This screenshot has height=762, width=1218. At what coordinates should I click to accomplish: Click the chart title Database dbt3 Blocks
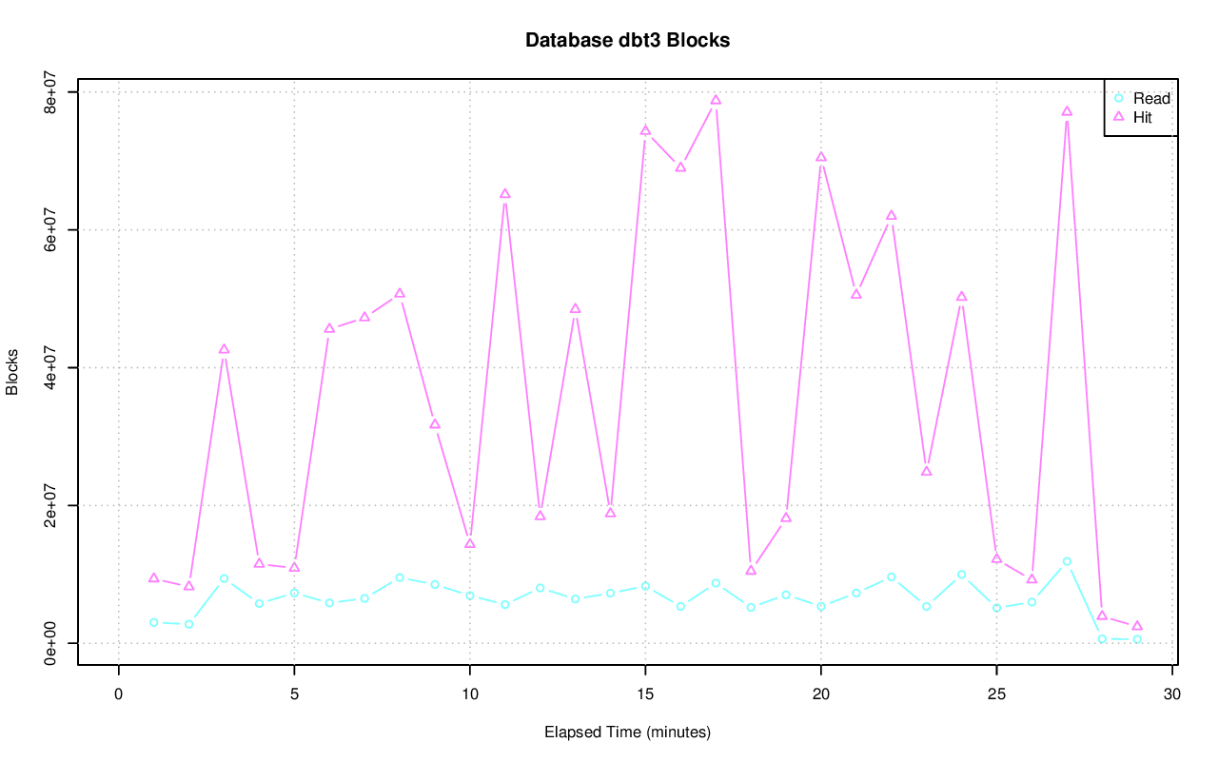627,41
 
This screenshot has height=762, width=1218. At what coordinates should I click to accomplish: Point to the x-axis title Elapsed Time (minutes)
627,733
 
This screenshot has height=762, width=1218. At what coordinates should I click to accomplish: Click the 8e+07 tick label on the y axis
53,92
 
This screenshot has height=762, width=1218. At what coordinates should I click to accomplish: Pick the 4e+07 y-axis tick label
53,367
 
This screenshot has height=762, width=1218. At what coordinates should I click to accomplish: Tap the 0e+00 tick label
53,643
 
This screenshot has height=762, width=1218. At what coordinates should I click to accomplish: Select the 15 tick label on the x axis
645,694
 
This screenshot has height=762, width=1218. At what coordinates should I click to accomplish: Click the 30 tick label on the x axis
1172,694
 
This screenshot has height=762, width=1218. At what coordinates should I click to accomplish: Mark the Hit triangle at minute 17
716,100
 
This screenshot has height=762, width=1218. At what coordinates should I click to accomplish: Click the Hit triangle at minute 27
1067,111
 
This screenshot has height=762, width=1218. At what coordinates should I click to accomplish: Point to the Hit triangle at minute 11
505,194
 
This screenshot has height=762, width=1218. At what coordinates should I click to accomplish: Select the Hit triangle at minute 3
224,349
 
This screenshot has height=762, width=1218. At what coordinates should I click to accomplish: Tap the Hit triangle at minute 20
821,157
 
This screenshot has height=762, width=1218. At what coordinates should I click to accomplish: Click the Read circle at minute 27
1067,561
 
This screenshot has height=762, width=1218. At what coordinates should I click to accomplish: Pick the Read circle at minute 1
153,622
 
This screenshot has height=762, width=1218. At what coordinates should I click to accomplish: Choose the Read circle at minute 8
400,577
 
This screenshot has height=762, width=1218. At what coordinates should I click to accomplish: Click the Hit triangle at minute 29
1137,626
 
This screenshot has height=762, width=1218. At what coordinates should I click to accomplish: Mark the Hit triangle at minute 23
927,471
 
